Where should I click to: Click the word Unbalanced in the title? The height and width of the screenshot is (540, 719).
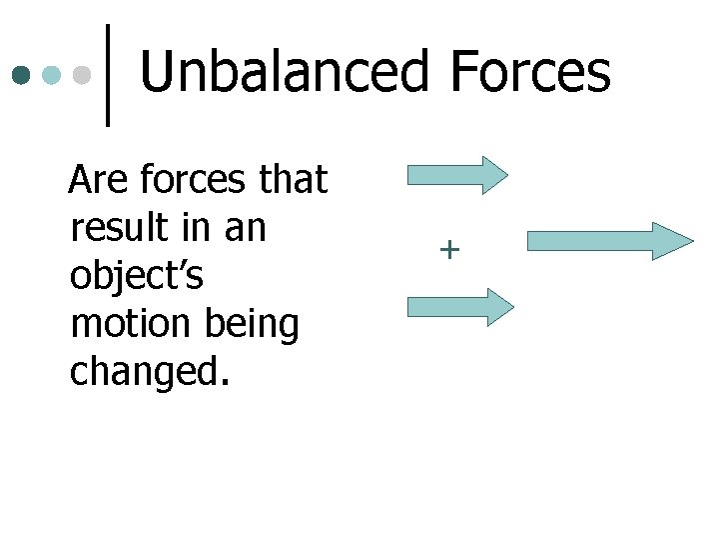click(284, 73)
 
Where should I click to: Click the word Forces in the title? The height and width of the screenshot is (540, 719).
click(529, 73)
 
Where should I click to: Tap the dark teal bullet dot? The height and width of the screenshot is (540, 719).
click(22, 75)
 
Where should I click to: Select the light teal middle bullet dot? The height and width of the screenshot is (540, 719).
click(53, 75)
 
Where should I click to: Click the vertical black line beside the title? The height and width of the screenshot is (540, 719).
click(108, 75)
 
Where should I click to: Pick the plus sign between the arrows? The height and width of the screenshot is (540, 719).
click(450, 249)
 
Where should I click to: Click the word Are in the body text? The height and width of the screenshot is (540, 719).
click(100, 181)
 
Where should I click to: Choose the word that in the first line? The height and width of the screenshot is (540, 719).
click(293, 181)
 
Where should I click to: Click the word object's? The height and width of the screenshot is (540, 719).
click(137, 277)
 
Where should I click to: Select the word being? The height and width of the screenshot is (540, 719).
click(253, 326)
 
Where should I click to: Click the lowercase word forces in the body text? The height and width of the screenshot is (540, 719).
click(194, 181)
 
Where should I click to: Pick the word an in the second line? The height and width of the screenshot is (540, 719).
click(245, 229)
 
